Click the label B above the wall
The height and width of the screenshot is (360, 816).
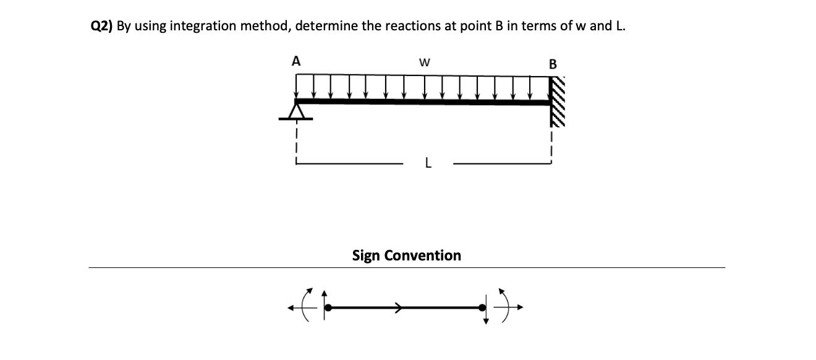pos(553,64)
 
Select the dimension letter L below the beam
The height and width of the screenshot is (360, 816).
pos(428,164)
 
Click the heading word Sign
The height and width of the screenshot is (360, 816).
pos(366,255)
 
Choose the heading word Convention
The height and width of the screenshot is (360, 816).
pos(423,255)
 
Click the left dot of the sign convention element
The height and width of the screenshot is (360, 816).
pos(329,307)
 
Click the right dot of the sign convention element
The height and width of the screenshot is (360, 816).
pos(483,307)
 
